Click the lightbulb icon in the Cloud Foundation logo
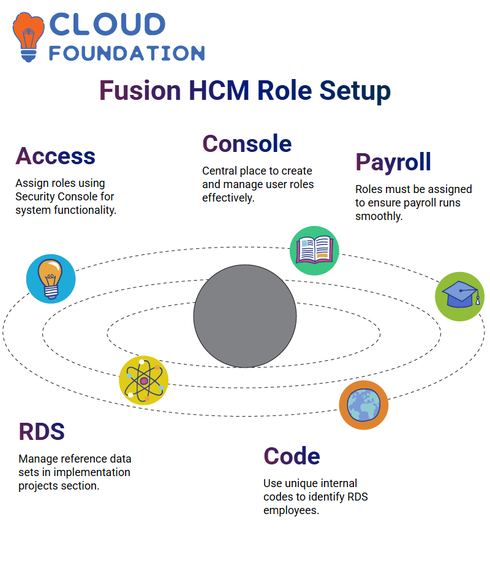pos(28,37)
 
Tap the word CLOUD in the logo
pos(107,25)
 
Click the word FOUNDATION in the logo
pos(127,53)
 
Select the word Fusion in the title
pos(140,91)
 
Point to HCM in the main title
pos(219,91)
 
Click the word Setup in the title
pos(355,91)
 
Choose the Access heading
pos(55,156)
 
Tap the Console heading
pos(247,143)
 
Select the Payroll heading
pos(393,162)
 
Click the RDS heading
pos(42,432)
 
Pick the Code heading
pos(292,456)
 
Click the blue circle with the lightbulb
pos(51,279)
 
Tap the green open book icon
pos(314,251)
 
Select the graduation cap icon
pos(460,297)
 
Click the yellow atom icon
pos(144,380)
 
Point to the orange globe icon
pos(364,405)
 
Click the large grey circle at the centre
pos(245,316)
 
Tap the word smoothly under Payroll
pos(379,216)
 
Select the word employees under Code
pos(292,511)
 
